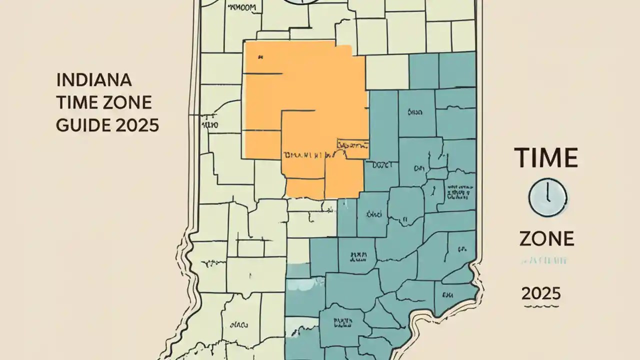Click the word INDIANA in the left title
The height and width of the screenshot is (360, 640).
click(94, 80)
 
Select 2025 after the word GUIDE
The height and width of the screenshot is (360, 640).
click(137, 124)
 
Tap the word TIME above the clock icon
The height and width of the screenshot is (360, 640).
click(546, 158)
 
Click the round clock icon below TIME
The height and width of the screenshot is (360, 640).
click(547, 198)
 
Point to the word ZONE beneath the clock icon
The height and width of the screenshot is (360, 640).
click(546, 239)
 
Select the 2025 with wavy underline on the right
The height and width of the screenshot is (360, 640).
click(540, 293)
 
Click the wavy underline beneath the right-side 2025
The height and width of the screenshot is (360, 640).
click(540, 305)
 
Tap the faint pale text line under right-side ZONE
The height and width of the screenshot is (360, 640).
click(545, 260)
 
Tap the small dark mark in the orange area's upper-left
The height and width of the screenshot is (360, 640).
click(259, 58)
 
